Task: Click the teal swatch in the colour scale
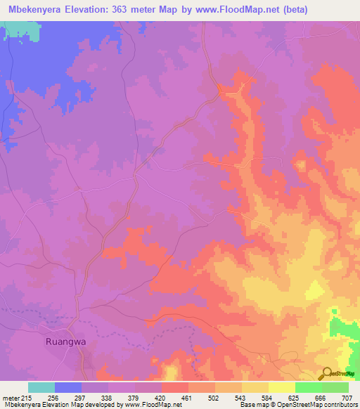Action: pyautogui.click(x=41, y=387)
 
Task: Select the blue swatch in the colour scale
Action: pyautogui.click(x=67, y=387)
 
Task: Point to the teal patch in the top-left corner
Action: pyautogui.click(x=20, y=31)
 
